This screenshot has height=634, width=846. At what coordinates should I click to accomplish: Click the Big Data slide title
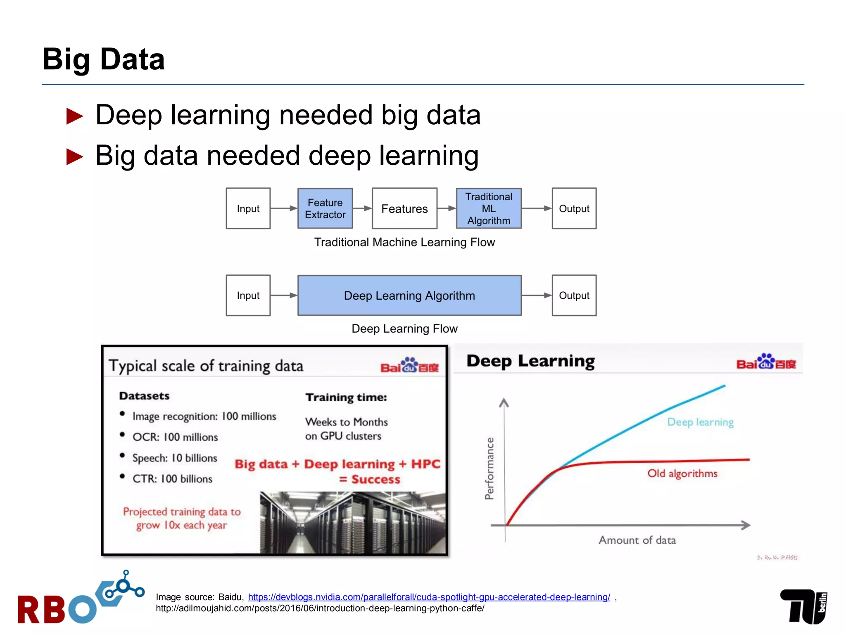click(x=103, y=59)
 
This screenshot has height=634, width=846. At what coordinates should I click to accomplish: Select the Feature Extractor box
click(x=325, y=208)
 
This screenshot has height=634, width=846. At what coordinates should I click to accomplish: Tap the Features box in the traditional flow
click(x=404, y=208)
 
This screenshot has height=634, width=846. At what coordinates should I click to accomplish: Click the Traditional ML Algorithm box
click(x=489, y=208)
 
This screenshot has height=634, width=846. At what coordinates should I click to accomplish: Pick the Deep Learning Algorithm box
click(x=409, y=296)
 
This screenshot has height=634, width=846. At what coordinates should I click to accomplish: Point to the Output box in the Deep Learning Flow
click(x=574, y=296)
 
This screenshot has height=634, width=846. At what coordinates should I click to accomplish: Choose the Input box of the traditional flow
click(x=248, y=208)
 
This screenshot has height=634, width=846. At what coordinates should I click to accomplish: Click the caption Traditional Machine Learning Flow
click(x=404, y=242)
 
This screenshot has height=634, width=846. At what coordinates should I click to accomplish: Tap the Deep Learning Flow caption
click(x=404, y=329)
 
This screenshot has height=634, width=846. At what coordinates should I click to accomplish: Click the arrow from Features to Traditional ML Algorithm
click(x=447, y=208)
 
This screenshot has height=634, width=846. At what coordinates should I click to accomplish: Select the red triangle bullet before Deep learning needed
click(x=75, y=116)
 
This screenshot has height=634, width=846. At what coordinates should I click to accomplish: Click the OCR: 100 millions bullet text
click(x=175, y=437)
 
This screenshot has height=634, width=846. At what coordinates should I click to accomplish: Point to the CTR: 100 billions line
click(x=172, y=479)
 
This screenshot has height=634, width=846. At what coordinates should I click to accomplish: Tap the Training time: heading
click(x=346, y=397)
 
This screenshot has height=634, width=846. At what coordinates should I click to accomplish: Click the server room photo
click(x=352, y=522)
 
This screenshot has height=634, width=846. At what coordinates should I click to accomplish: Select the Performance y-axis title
click(x=490, y=468)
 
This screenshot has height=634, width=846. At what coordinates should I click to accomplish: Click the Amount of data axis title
click(x=637, y=540)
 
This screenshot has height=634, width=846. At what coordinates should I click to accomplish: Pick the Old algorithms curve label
click(x=682, y=473)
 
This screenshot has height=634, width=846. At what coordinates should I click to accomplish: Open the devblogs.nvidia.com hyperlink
click(x=429, y=597)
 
